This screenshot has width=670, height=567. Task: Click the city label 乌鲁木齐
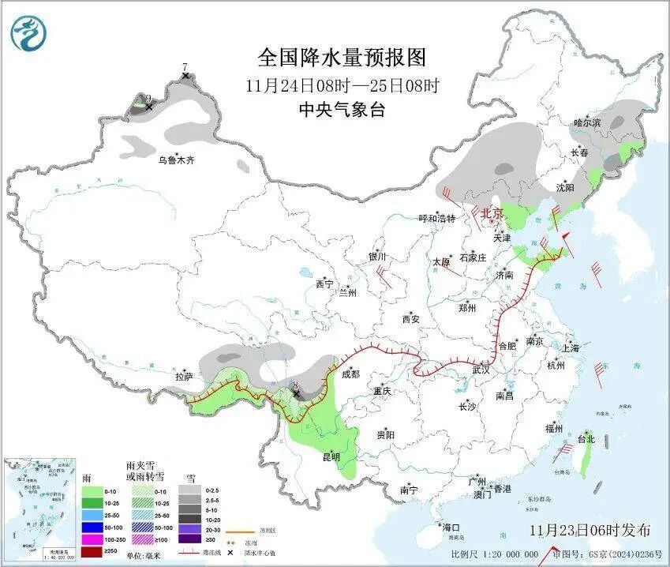pos(175,160)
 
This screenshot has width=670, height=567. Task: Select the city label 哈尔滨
pos(587,122)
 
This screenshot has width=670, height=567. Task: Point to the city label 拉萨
pos(184,377)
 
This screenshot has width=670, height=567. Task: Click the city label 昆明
pos(331,456)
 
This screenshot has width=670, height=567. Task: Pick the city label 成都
pos(350,374)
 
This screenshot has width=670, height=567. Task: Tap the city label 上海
pos(571,347)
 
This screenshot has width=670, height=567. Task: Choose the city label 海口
pos(451,527)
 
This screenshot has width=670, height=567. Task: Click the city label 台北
pos(586,438)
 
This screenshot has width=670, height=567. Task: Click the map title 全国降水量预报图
pos(342,58)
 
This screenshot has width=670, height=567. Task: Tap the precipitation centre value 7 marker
pos(185,76)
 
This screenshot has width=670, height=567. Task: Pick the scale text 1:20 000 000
pos(505,554)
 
